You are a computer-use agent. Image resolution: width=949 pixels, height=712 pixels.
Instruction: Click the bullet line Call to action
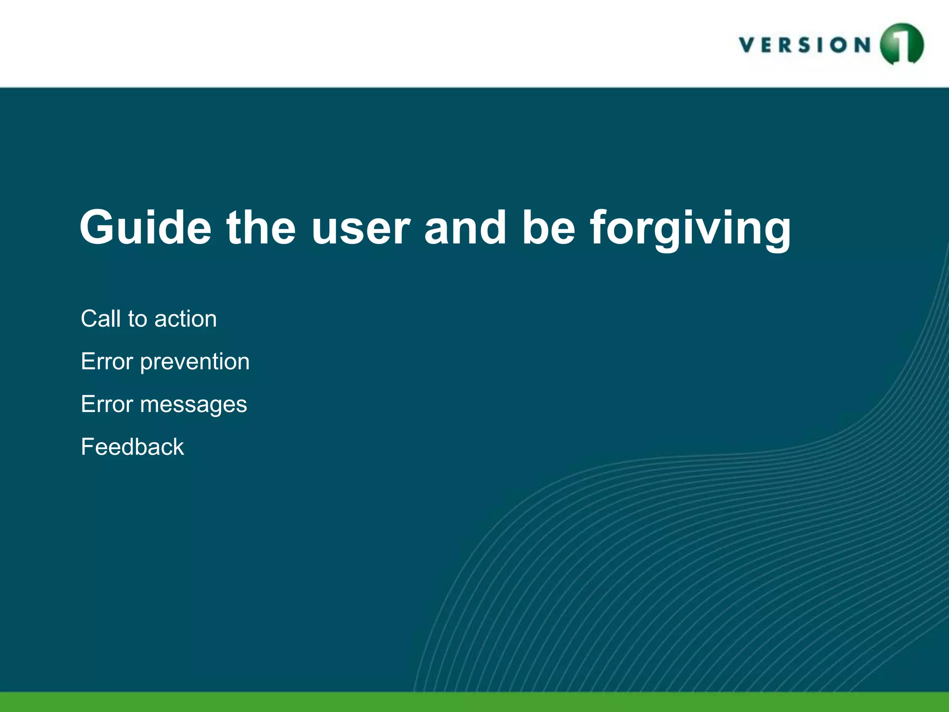[149, 319]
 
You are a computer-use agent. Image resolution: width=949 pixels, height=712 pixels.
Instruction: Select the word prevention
[195, 362]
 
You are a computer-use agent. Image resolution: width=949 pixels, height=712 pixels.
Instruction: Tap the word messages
[193, 404]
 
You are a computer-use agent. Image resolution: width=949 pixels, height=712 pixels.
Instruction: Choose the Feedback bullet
[133, 447]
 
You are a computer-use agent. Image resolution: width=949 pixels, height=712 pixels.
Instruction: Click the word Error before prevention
[107, 362]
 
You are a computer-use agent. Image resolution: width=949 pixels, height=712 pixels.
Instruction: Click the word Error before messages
[107, 404]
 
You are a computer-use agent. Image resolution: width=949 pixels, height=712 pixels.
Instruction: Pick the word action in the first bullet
[185, 319]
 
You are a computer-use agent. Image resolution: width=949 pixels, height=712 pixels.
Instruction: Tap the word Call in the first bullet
[101, 319]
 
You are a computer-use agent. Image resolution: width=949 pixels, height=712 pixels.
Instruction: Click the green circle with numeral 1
[901, 44]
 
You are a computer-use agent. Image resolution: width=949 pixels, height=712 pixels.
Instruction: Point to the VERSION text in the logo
[805, 45]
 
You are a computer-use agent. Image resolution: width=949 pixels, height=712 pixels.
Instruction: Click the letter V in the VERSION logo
[747, 45]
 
